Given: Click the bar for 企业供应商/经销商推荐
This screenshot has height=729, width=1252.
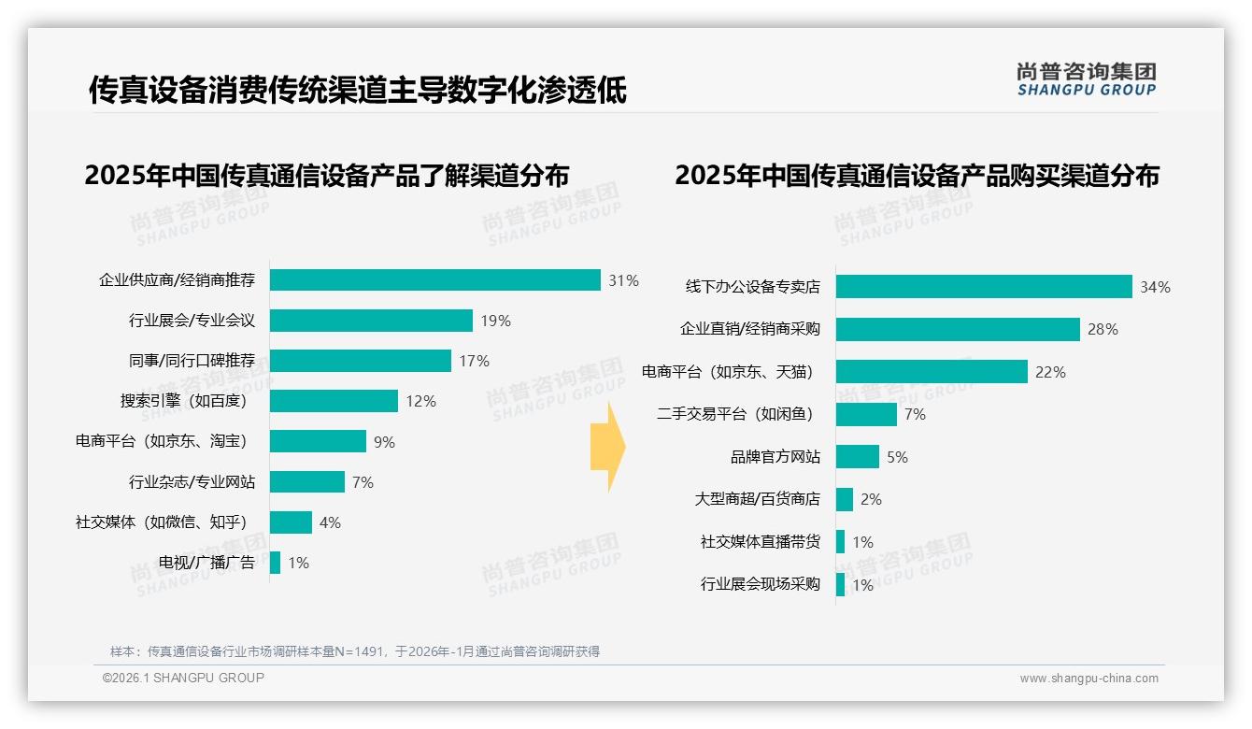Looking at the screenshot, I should [x=435, y=280].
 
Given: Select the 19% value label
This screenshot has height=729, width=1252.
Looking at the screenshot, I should [x=495, y=321].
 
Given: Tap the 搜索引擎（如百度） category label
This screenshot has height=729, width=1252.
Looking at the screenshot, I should [x=182, y=401].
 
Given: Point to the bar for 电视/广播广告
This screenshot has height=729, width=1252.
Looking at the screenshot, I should [x=275, y=563].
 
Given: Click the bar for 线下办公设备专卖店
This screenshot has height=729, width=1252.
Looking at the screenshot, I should [x=984, y=287].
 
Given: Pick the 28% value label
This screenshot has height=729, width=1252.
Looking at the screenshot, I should [x=1103, y=329].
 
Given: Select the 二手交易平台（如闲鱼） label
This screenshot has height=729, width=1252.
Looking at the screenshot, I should [x=734, y=414].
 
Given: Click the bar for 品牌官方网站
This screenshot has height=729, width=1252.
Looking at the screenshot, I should [x=858, y=457].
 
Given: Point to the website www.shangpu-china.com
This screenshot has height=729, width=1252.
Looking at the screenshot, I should [x=1088, y=679].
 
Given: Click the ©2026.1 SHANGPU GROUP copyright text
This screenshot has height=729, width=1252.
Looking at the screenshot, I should [x=183, y=678].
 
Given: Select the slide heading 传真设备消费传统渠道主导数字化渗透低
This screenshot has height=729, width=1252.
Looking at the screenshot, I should [x=357, y=91].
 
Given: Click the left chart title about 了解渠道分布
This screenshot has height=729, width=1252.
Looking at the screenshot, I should [x=326, y=176].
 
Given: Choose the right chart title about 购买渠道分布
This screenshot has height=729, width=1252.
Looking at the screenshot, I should [x=917, y=176].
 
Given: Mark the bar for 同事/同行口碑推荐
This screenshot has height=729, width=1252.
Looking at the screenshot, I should [x=361, y=361].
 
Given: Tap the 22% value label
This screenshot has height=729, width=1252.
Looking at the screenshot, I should [x=1050, y=372].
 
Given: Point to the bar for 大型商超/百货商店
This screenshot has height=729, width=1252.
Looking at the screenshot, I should [x=845, y=499].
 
